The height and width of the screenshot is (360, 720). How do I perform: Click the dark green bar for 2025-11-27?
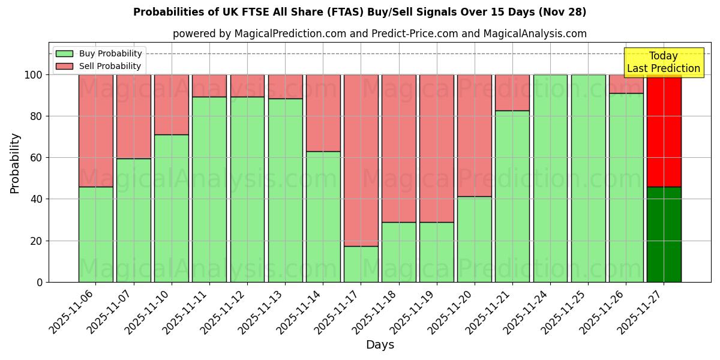pyautogui.click(x=664, y=234)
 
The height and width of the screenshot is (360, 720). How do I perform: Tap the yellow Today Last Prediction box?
pyautogui.click(x=663, y=63)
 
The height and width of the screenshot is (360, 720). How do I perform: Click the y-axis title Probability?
pyautogui.click(x=15, y=163)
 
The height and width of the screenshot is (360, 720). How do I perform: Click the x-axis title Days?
pyautogui.click(x=380, y=345)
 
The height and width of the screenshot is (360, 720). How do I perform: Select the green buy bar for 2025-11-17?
pyautogui.click(x=361, y=264)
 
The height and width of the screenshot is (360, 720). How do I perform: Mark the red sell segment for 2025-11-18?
pyautogui.click(x=399, y=148)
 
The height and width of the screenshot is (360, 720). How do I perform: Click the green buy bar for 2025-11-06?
pyautogui.click(x=95, y=234)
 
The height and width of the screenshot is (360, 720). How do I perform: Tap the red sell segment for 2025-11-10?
pyautogui.click(x=172, y=104)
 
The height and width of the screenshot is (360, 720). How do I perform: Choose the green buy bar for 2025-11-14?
pyautogui.click(x=323, y=217)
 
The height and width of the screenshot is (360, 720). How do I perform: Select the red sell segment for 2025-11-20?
pyautogui.click(x=475, y=136)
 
